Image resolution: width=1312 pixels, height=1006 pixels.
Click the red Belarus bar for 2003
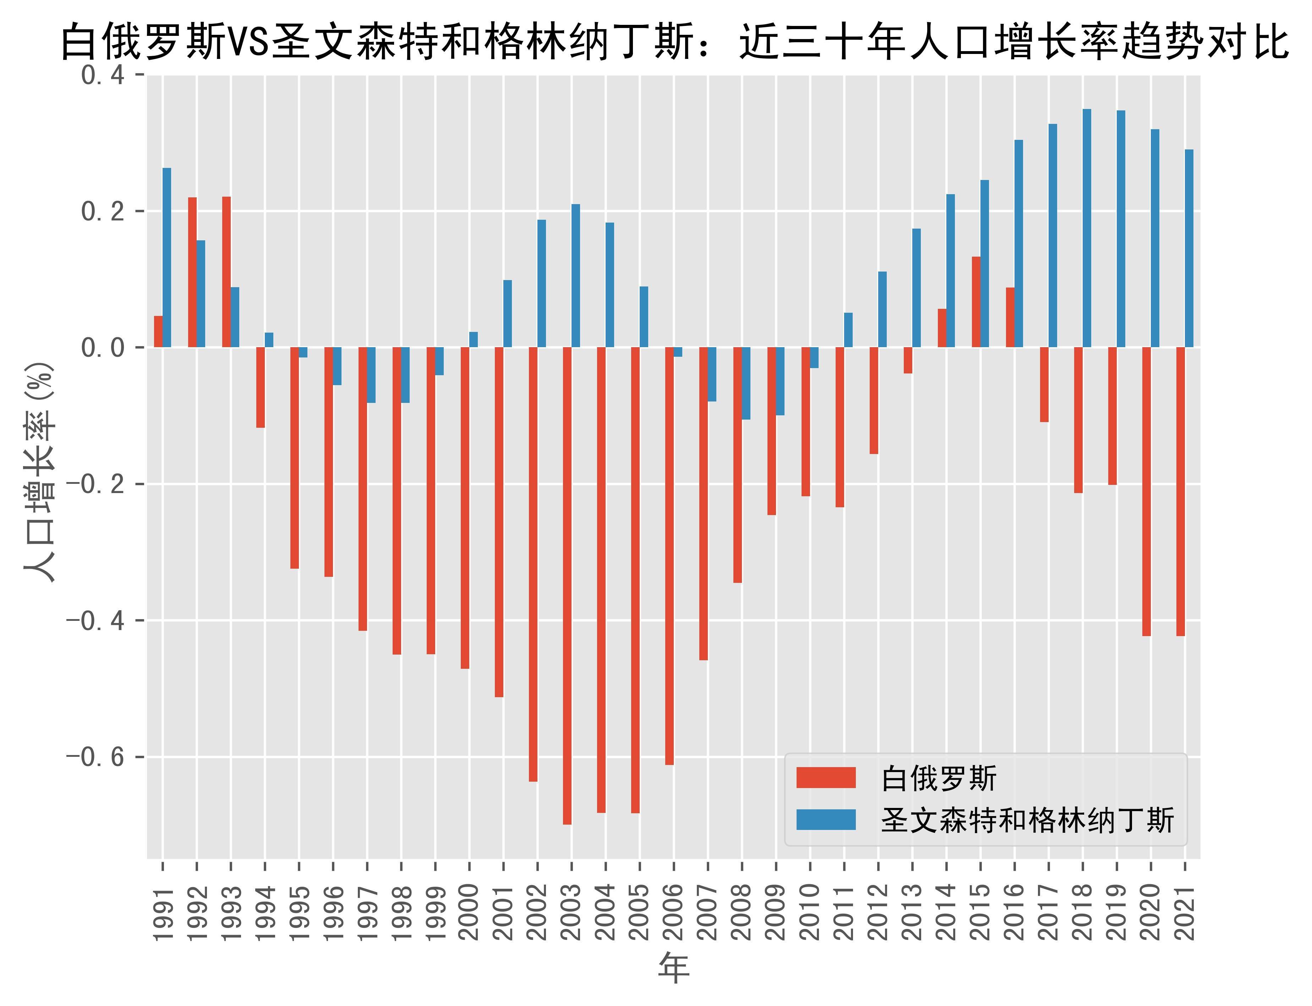pos(567,586)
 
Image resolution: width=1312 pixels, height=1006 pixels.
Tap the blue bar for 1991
pos(166,257)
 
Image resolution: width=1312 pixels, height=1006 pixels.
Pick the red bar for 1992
pos(192,273)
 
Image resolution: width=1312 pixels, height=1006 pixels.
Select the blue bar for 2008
pos(746,383)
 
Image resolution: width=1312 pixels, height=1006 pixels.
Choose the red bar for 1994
pos(261,387)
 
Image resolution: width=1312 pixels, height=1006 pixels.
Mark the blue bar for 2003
pos(575,275)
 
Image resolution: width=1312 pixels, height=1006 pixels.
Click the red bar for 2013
pos(908,360)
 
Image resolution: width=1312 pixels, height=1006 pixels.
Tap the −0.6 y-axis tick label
pos(95,757)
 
